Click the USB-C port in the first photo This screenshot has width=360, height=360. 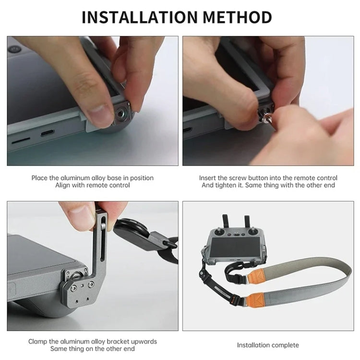pos(48,132)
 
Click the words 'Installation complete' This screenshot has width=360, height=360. pos(268,345)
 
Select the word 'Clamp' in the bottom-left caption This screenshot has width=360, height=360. pos(38,342)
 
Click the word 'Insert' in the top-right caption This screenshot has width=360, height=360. pos(208,178)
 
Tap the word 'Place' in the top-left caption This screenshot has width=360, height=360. pos(40,178)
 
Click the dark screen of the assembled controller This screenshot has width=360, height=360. pos(235,250)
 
